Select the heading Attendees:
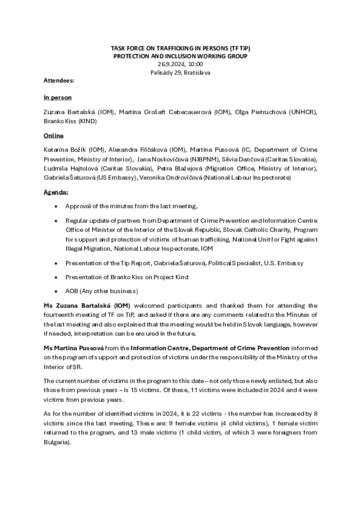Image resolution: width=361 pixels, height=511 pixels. click(x=59, y=80)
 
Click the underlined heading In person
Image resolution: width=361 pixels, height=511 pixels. click(x=58, y=97)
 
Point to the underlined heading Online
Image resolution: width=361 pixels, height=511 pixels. click(x=54, y=136)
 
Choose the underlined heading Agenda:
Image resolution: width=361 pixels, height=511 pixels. click(x=56, y=192)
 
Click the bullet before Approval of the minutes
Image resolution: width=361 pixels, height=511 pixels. click(x=56, y=206)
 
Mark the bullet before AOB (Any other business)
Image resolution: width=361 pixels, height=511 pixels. click(x=56, y=291)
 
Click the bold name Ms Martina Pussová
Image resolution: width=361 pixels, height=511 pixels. click(x=74, y=348)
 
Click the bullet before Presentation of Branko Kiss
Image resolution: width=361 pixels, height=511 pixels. click(x=56, y=277)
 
